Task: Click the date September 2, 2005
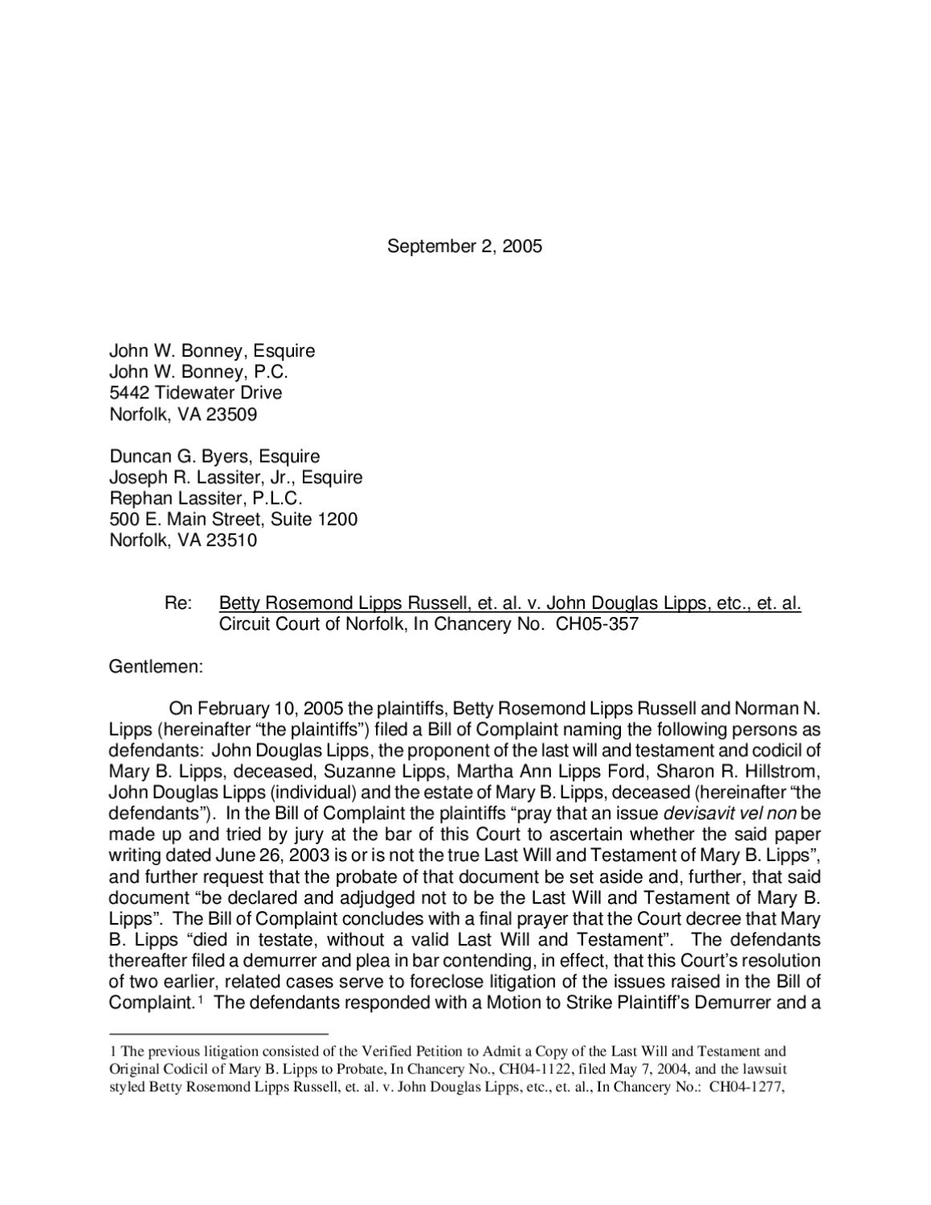point(464,247)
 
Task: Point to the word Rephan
point(137,498)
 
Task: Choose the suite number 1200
point(337,519)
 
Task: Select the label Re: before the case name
point(178,603)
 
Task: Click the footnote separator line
point(218,1034)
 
